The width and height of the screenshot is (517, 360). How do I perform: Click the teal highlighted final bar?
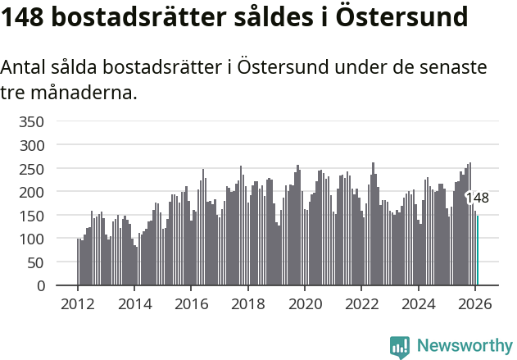(478, 250)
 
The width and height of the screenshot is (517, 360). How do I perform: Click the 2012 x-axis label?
(78, 303)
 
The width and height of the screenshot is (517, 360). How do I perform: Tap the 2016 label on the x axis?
(191, 303)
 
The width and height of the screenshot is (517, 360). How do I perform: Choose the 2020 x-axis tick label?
(305, 303)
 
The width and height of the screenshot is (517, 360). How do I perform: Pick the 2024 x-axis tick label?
(418, 303)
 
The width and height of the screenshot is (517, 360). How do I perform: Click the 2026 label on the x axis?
(475, 303)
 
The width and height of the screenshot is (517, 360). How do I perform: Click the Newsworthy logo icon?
(400, 347)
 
